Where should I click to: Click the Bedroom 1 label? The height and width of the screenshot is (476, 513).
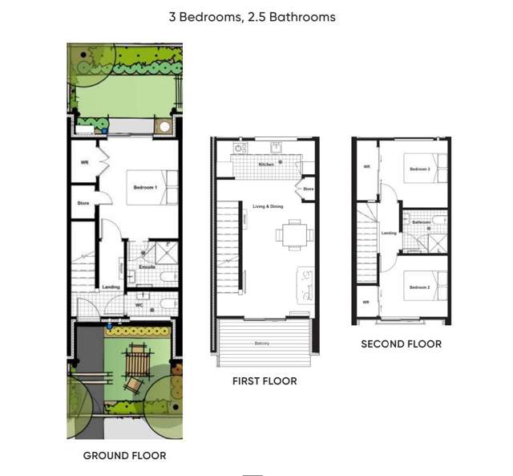click(x=145, y=188)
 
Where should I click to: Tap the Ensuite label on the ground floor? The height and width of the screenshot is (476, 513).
click(x=147, y=266)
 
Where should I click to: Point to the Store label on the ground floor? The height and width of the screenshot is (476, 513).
click(x=83, y=203)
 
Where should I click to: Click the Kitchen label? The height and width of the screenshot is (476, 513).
click(x=266, y=164)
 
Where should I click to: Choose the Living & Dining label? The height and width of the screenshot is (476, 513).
click(x=268, y=207)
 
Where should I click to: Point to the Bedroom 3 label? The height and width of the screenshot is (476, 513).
click(x=419, y=169)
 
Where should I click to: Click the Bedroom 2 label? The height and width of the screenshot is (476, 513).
click(x=419, y=287)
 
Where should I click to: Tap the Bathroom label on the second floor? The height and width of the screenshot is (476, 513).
click(x=422, y=222)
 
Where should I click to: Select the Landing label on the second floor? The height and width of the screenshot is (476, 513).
click(x=389, y=234)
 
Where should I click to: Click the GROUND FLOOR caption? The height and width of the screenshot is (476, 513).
click(x=124, y=456)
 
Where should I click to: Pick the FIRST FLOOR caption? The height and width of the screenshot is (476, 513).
click(x=265, y=381)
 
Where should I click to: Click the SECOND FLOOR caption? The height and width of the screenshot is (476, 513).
click(x=401, y=344)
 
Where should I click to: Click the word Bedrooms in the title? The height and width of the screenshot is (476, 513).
click(x=208, y=17)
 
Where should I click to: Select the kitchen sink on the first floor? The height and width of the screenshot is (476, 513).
click(x=276, y=147)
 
